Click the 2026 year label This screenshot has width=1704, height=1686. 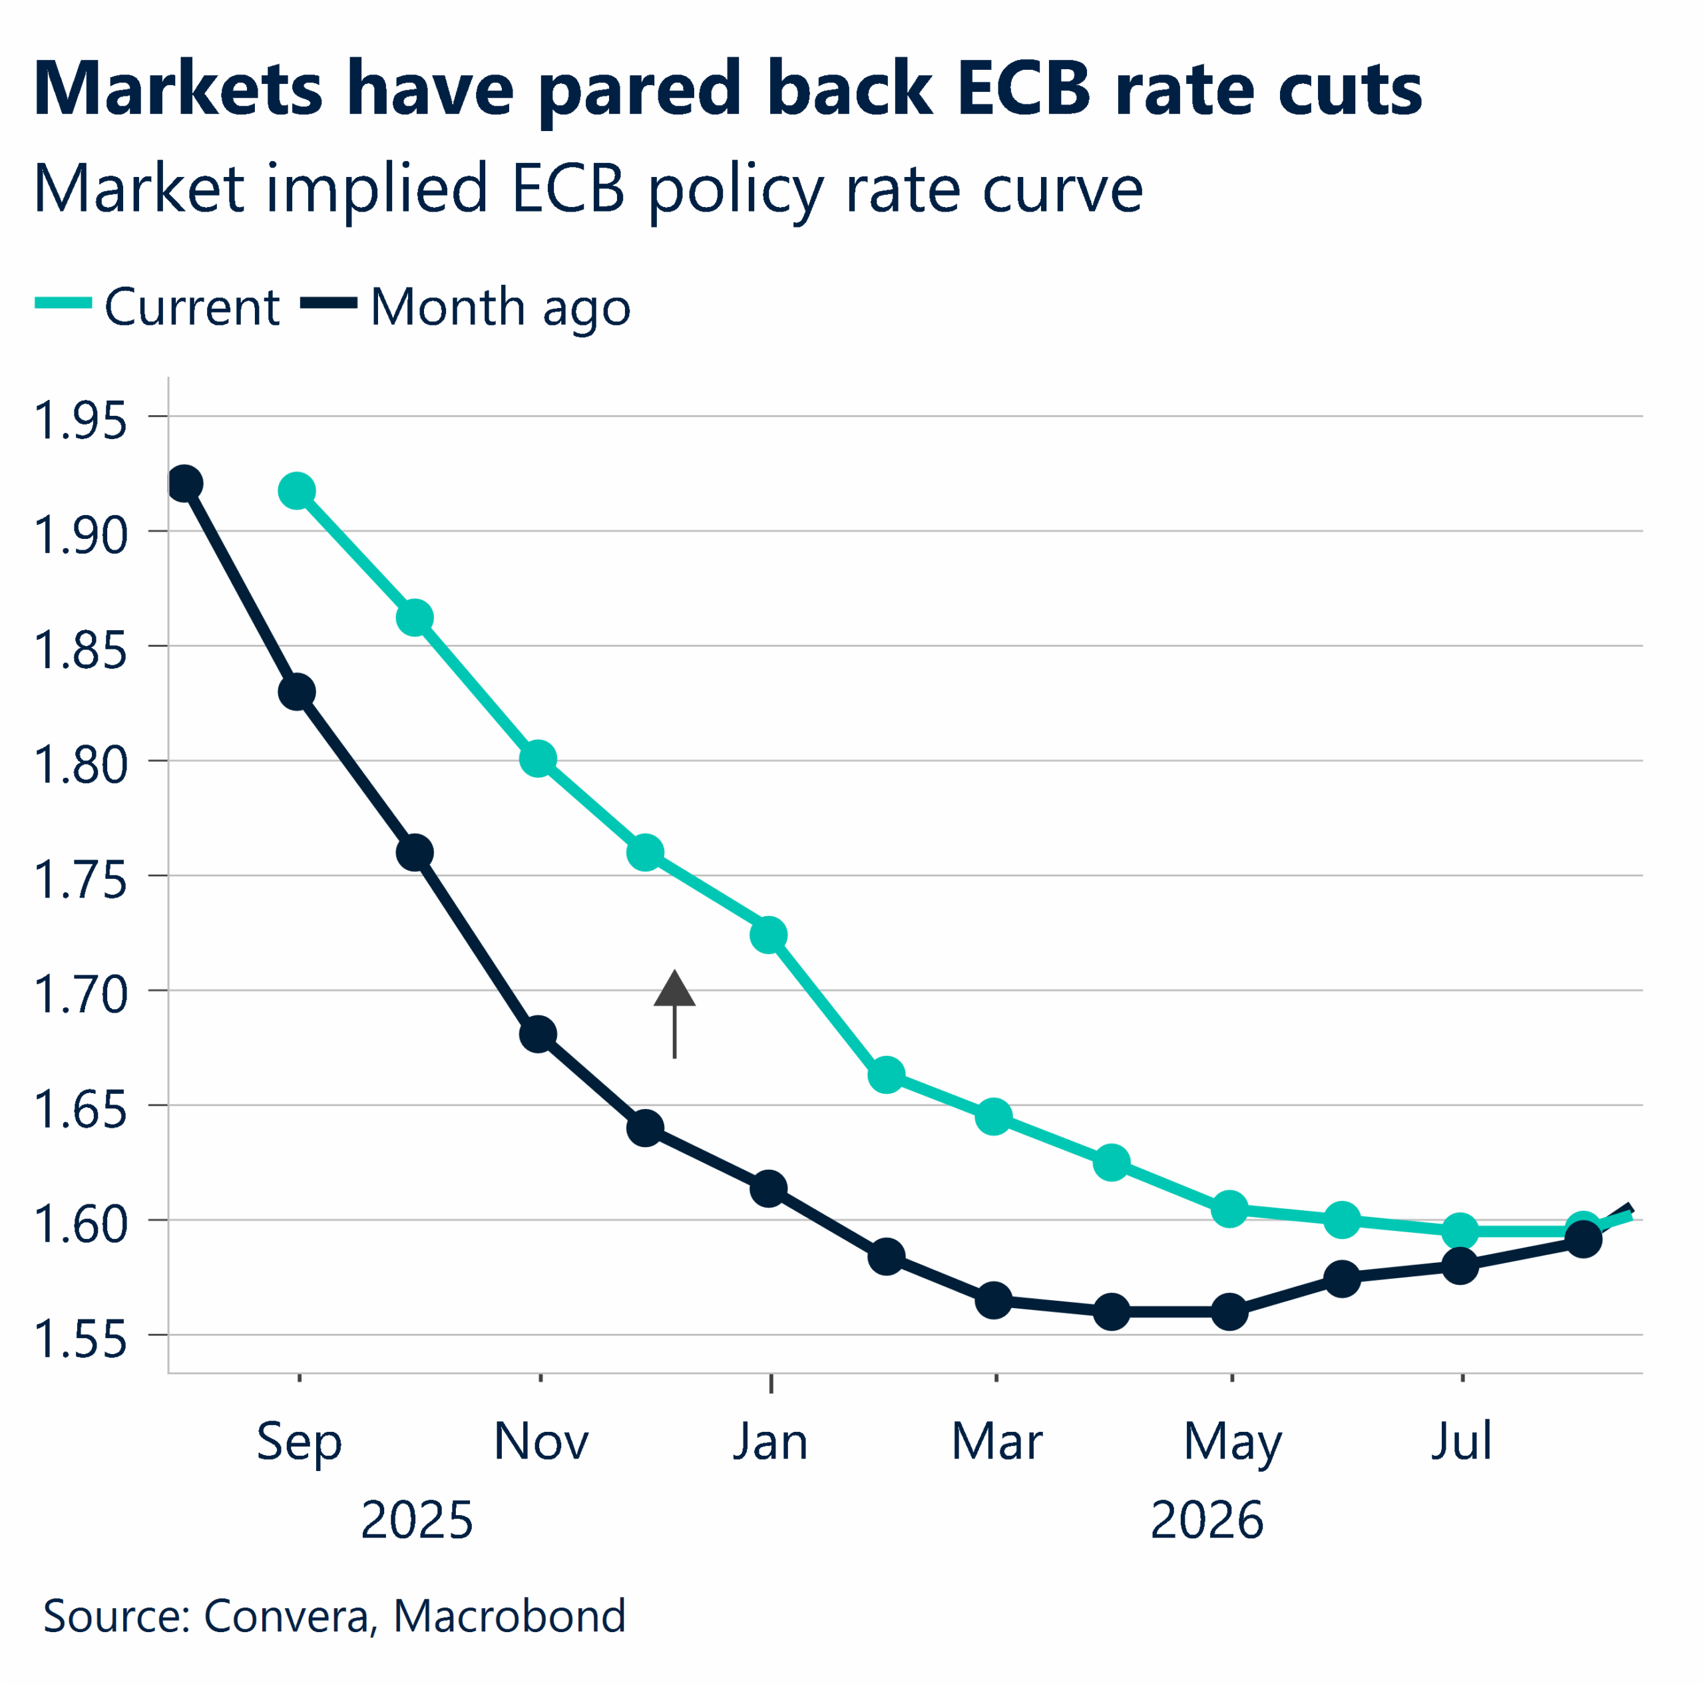tap(1207, 1520)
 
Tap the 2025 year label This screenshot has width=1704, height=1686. tap(416, 1520)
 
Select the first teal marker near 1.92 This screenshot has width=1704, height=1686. tap(296, 491)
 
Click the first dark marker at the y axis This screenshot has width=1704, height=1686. tap(184, 483)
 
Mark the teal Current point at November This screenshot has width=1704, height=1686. tap(538, 759)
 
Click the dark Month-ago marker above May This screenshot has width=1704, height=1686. tap(1229, 1311)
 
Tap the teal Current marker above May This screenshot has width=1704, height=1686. tap(1229, 1209)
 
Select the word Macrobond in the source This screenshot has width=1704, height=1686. tap(509, 1616)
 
